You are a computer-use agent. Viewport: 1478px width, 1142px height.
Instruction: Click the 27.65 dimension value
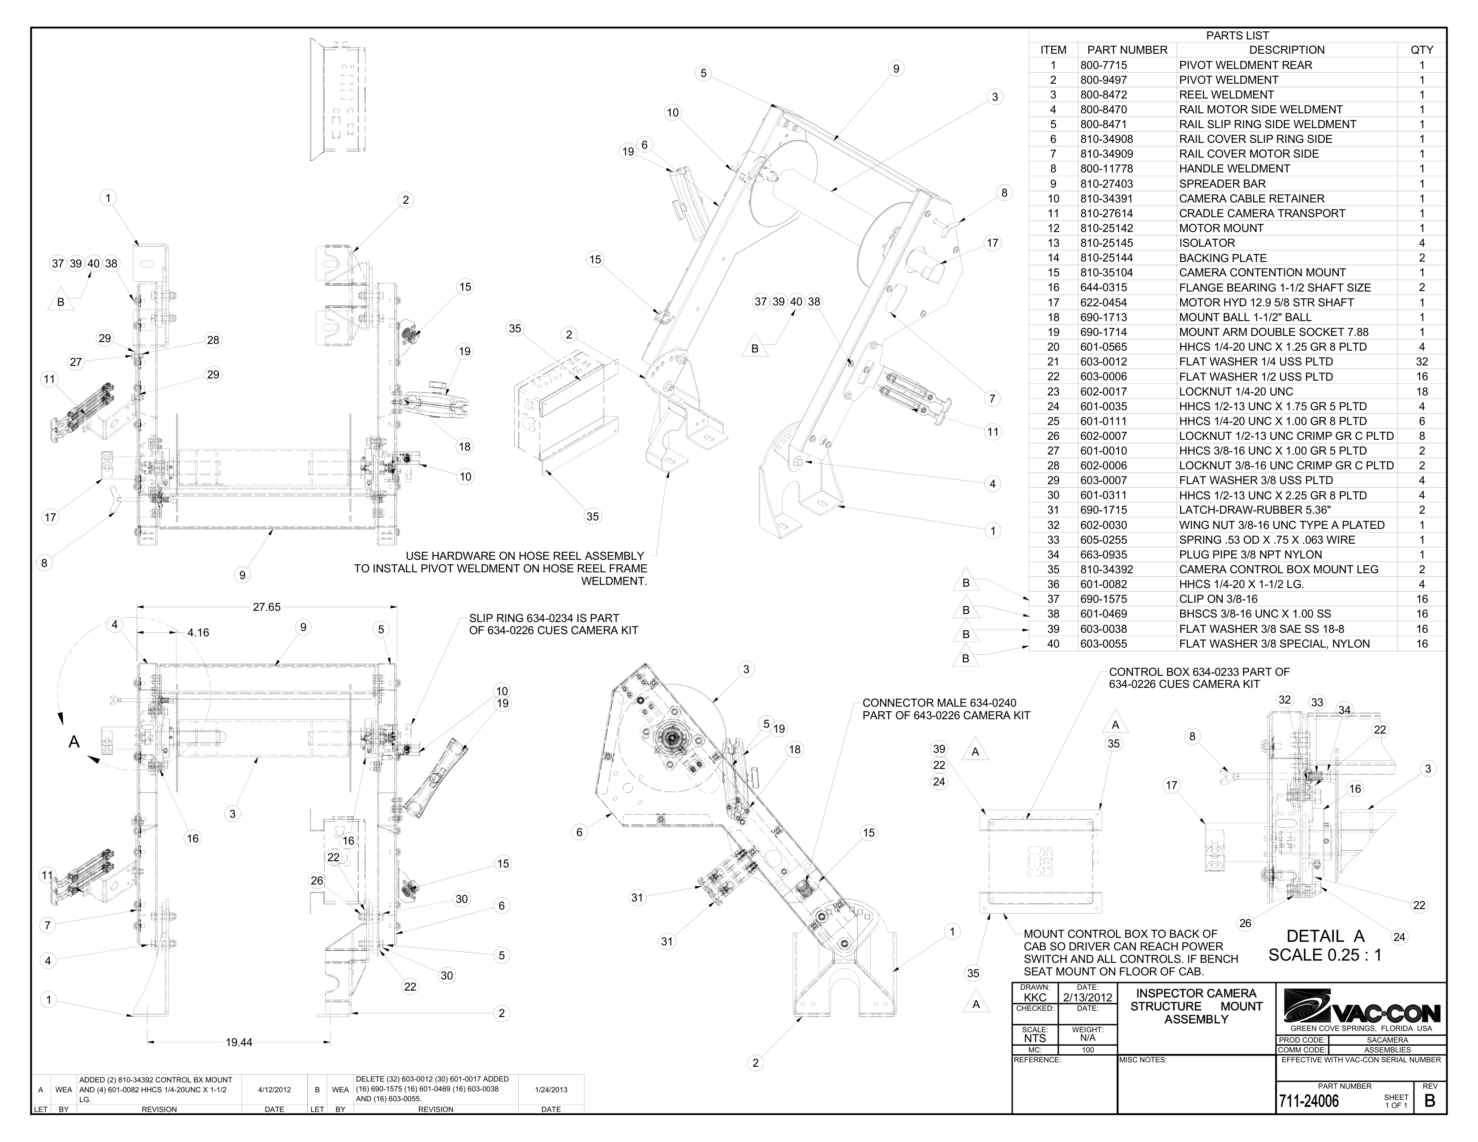tap(266, 607)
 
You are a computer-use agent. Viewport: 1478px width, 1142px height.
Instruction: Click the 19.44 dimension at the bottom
tap(239, 1043)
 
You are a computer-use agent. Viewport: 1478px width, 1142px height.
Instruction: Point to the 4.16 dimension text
tap(198, 632)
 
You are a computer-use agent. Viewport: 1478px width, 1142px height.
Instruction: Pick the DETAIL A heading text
tap(1325, 936)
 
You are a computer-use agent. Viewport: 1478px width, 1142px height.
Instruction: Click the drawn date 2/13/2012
tap(1087, 997)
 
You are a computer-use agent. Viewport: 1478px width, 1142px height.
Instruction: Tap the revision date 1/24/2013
tap(551, 1090)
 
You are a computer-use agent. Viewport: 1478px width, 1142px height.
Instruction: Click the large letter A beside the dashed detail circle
tap(74, 742)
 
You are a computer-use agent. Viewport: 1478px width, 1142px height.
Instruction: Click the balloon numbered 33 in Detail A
tap(1317, 702)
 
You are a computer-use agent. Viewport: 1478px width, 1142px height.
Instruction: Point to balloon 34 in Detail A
tap(1345, 710)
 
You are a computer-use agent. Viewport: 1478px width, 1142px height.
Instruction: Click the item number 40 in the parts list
tap(1053, 644)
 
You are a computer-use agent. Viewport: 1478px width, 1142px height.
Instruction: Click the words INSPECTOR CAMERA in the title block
tap(1196, 993)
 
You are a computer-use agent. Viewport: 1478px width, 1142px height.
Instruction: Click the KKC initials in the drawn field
tap(1035, 997)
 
